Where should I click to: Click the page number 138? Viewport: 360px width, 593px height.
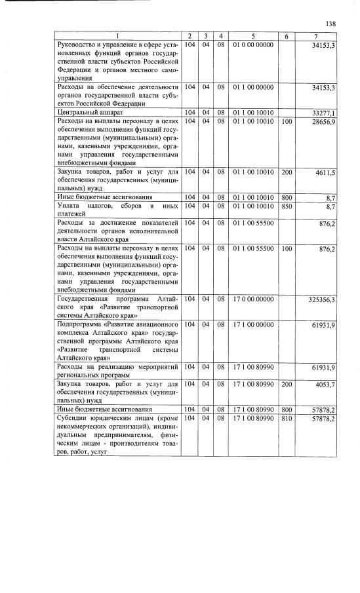pos(331,24)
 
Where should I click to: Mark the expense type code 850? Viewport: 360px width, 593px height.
pos(286,206)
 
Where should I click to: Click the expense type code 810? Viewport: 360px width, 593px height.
pos(286,417)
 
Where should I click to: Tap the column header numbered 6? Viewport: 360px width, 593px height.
pos(286,35)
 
